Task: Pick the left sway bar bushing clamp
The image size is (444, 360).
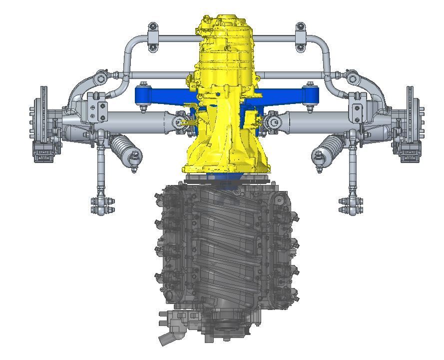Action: click(152, 37)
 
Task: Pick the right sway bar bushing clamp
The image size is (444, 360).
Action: click(300, 37)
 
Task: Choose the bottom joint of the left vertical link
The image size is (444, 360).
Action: click(102, 205)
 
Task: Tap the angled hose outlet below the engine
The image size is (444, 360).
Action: click(167, 338)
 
